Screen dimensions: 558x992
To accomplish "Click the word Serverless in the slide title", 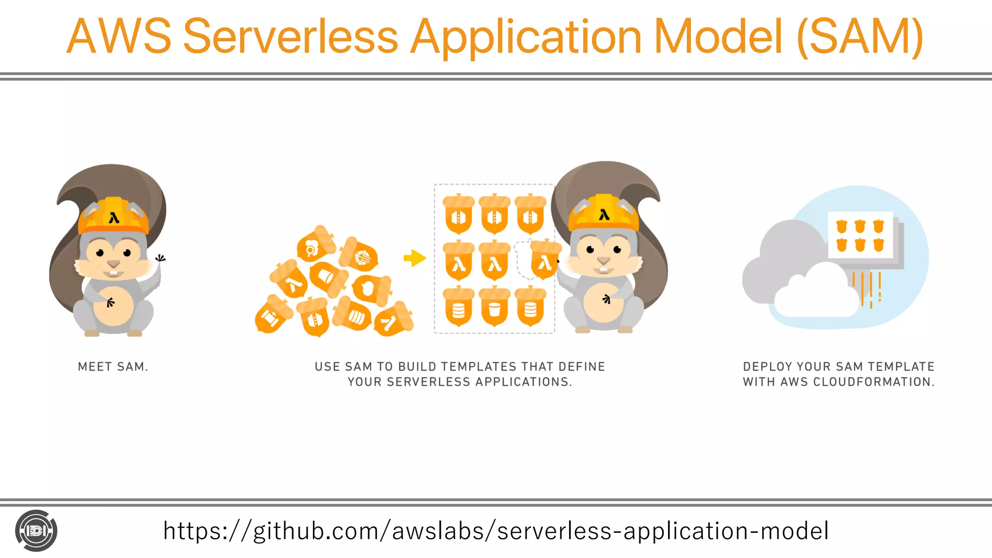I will pyautogui.click(x=291, y=37).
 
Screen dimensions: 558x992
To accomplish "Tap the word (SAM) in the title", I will pyautogui.click(x=860, y=37).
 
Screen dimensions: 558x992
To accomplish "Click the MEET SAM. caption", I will pyautogui.click(x=113, y=367).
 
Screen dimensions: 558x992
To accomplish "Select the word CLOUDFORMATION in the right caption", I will pyautogui.click(x=872, y=382).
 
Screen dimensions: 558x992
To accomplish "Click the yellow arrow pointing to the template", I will pyautogui.click(x=415, y=258).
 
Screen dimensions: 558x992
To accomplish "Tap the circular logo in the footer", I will pyautogui.click(x=36, y=531).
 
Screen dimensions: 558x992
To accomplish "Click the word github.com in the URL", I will pyautogui.click(x=316, y=531).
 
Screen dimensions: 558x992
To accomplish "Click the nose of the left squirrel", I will pyautogui.click(x=113, y=264).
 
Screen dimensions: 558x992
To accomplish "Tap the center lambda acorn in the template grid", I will pyautogui.click(x=494, y=261).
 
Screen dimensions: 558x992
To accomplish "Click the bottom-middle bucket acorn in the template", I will pyautogui.click(x=494, y=307).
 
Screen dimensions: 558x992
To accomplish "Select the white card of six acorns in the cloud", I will pyautogui.click(x=860, y=235).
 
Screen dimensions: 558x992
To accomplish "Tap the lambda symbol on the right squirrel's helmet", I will pyautogui.click(x=604, y=215).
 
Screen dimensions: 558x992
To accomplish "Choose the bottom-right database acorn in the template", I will pyautogui.click(x=530, y=307).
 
